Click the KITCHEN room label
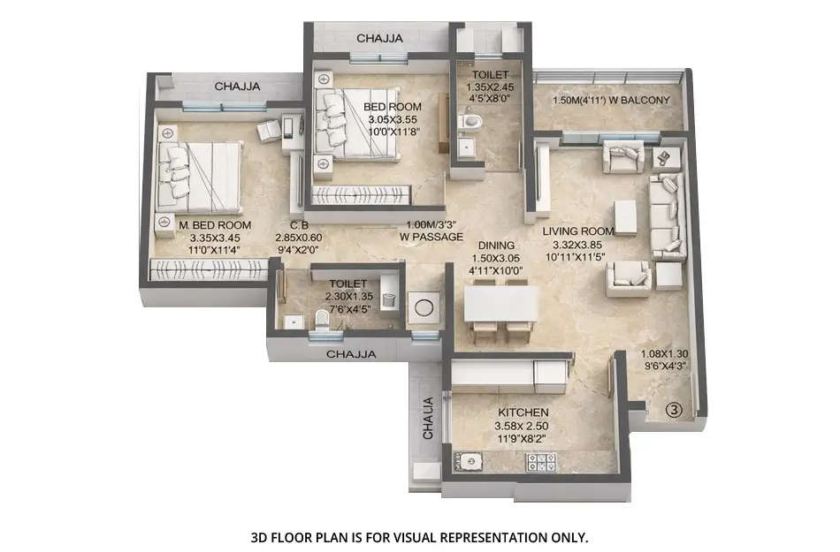tap(522, 412)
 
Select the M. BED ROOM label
tap(215, 225)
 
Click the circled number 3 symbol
tap(674, 409)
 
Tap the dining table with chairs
tap(500, 306)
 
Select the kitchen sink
tap(469, 461)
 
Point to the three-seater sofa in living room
tap(666, 216)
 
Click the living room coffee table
tap(626, 217)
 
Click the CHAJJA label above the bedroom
tap(379, 38)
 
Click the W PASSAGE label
tap(431, 238)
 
